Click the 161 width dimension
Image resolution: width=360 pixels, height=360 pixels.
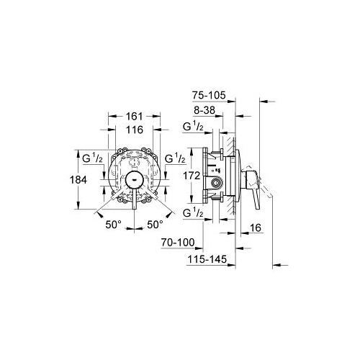135,116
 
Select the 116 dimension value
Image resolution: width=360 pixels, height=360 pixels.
135,130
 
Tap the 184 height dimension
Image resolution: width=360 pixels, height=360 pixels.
78,179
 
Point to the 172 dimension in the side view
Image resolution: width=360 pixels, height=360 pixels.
192,176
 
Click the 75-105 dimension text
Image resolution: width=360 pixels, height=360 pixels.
209,95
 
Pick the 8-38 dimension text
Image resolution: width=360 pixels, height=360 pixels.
204,110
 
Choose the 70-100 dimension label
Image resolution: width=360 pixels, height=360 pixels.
178,243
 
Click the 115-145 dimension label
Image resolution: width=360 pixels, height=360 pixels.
207,259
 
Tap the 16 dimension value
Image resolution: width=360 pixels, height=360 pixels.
256,228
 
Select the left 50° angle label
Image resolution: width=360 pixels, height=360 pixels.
113,225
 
